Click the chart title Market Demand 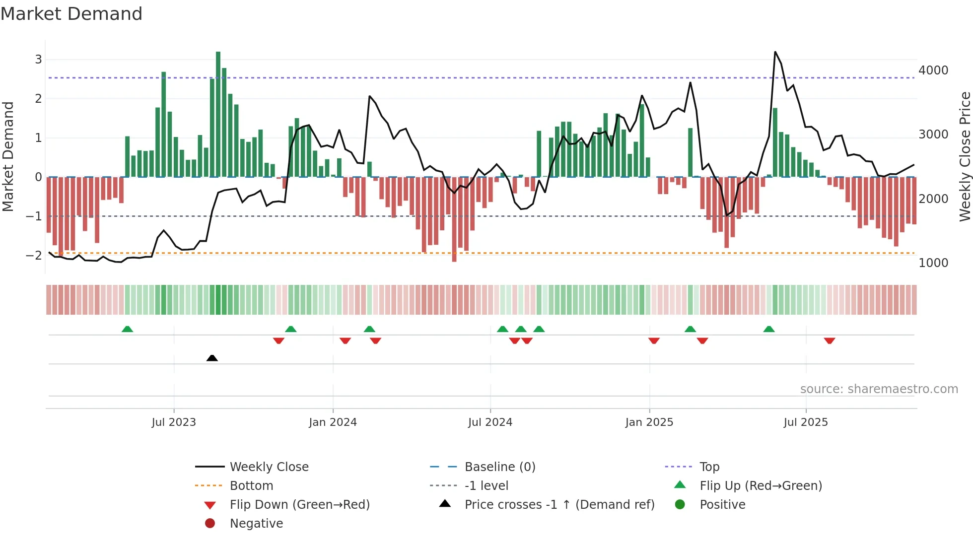pyautogui.click(x=71, y=14)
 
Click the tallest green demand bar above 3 pyautogui.click(x=218, y=114)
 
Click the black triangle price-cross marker pyautogui.click(x=212, y=358)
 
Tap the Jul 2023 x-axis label pyautogui.click(x=174, y=422)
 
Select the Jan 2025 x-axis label pyautogui.click(x=649, y=422)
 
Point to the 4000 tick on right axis pyautogui.click(x=933, y=70)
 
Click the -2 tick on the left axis pyautogui.click(x=34, y=255)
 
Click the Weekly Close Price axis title pyautogui.click(x=965, y=156)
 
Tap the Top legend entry pyautogui.click(x=709, y=467)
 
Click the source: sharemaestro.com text pyautogui.click(x=879, y=389)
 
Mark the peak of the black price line pyautogui.click(x=775, y=52)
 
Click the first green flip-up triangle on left pyautogui.click(x=128, y=329)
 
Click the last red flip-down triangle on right pyautogui.click(x=830, y=341)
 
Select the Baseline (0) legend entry pyautogui.click(x=499, y=467)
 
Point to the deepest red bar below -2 pyautogui.click(x=454, y=219)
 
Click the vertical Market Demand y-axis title pyautogui.click(x=8, y=156)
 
